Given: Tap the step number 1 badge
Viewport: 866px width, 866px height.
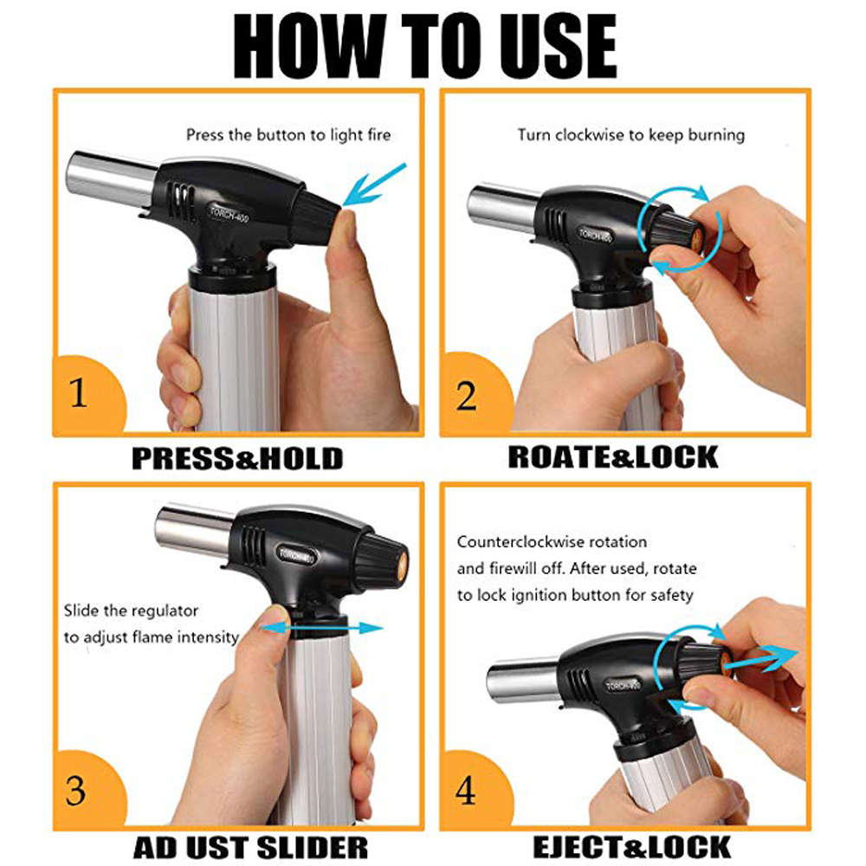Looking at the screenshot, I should point(79,395).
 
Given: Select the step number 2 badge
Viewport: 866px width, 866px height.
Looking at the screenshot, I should point(466,396).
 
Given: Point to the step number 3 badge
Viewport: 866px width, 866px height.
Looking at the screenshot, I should point(78,791).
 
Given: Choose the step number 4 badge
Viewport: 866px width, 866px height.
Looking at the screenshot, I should point(466,791).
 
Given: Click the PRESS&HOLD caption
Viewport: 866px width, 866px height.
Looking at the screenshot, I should point(237,457).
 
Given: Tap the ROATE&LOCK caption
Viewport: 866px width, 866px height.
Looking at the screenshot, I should point(613,456).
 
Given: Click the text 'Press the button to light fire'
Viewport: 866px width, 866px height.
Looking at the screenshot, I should point(288,134).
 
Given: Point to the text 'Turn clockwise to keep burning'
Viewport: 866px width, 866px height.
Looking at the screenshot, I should point(631,134).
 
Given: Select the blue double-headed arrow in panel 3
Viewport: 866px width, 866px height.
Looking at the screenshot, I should point(320,626).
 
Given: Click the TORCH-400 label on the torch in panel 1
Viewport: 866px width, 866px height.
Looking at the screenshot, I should point(229,213).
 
